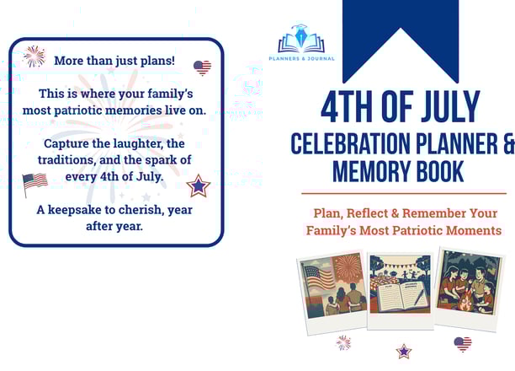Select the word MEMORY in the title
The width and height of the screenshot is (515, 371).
coord(370,171)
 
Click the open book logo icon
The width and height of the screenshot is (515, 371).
coord(301,39)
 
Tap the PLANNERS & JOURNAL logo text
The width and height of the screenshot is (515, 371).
coord(301,58)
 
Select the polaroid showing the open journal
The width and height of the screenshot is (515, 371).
coord(401,291)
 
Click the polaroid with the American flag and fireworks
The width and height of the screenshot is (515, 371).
coord(333,292)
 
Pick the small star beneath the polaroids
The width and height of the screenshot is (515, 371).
coord(404,352)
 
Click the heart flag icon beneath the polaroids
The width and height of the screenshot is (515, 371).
coord(463,344)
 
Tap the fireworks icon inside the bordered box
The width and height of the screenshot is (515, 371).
coord(35,56)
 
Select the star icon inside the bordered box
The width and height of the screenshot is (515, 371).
coord(199,186)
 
